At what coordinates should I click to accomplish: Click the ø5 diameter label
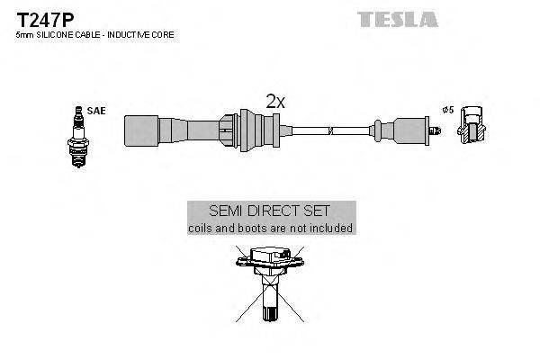tap(447, 110)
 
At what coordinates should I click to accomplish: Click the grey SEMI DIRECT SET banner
tap(270, 210)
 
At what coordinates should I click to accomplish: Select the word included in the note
tap(330, 229)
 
